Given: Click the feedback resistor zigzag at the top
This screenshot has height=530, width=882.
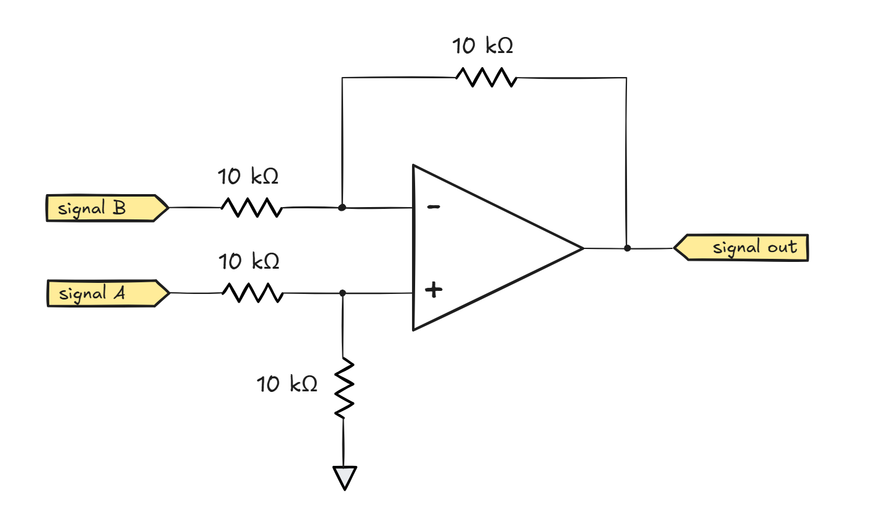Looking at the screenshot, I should coord(486,78).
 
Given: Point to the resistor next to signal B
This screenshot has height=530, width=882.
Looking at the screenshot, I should coord(251,208).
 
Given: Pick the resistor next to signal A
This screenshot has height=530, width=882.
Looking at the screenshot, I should coord(253,293).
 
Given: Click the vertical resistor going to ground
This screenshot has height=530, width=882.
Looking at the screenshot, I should coord(344,388).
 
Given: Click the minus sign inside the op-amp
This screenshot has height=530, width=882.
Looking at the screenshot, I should coord(434,207).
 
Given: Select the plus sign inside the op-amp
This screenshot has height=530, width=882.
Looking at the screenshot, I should coord(434,289).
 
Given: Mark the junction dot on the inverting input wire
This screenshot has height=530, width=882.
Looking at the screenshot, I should coord(342,208).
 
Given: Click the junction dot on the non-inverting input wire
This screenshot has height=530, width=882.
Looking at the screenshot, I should coord(343,293).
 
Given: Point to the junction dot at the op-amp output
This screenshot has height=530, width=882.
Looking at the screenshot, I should coord(627,248).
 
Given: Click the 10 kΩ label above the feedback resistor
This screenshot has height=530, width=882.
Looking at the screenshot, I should coord(482,46).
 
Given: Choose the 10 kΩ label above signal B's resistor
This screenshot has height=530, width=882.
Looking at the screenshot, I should coord(248,177).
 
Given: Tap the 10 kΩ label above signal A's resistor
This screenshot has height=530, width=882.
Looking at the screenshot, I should coord(248,261).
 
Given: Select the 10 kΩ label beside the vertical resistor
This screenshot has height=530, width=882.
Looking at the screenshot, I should coord(286,384).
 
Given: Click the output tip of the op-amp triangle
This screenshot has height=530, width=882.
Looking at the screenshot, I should coord(582,248).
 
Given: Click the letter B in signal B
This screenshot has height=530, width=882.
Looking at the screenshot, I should coord(119,208).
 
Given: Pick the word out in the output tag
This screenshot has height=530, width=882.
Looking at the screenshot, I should coord(782,247).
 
